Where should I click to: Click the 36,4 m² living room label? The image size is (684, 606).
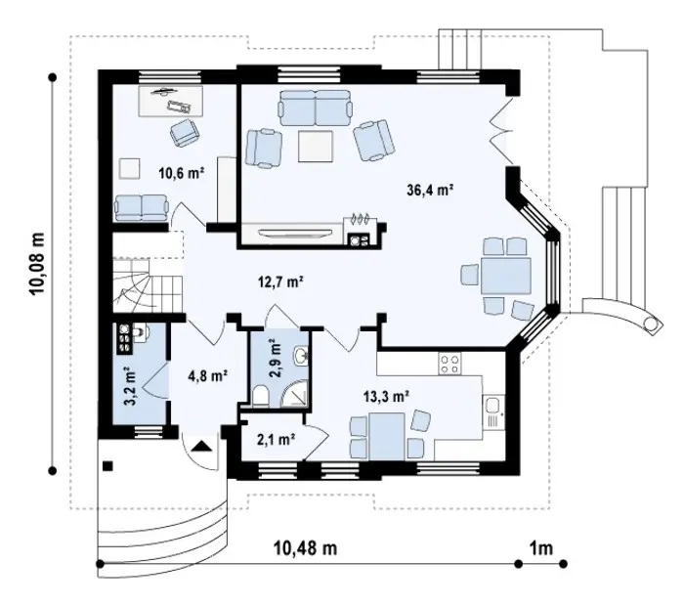[430, 191]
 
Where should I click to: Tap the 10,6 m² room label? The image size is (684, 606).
[182, 173]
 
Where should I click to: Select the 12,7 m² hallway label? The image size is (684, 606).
[280, 281]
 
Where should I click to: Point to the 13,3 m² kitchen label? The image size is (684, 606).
[386, 396]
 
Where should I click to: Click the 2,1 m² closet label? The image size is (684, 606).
[275, 439]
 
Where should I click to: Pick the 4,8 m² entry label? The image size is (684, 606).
[207, 375]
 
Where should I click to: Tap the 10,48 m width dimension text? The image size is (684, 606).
[305, 548]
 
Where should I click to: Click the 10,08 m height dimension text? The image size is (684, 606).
[37, 264]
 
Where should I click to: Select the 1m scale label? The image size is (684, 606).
[541, 548]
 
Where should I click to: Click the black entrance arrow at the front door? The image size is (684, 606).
[201, 447]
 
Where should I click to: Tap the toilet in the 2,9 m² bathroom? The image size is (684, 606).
[261, 396]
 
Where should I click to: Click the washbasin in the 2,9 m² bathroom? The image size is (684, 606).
[301, 355]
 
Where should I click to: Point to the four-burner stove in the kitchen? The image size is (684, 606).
[449, 364]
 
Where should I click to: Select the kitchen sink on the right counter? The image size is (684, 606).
[493, 411]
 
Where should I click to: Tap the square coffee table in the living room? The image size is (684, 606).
[317, 147]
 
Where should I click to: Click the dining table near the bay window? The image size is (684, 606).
[506, 276]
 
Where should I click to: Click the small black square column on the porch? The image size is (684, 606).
[107, 466]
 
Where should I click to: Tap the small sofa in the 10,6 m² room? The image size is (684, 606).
[141, 207]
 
